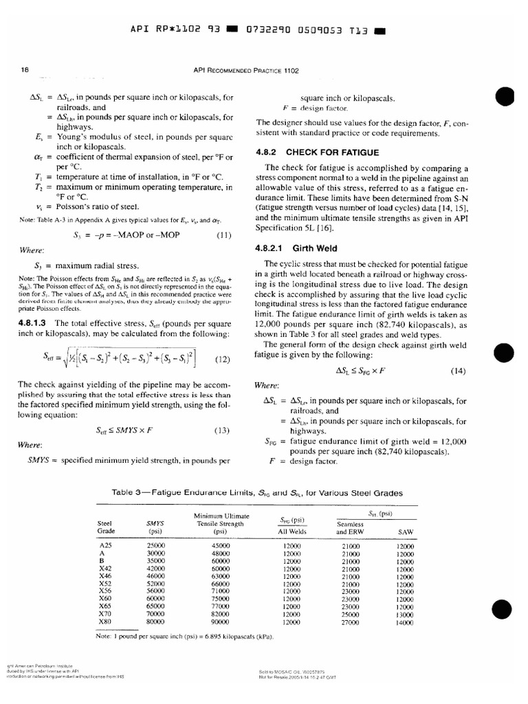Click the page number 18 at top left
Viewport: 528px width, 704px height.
point(25,69)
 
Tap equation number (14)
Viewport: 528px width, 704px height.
point(459,371)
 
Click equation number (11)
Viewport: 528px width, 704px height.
point(223,234)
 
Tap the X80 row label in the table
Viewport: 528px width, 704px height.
point(105,623)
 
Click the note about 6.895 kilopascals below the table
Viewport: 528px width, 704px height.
point(185,636)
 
